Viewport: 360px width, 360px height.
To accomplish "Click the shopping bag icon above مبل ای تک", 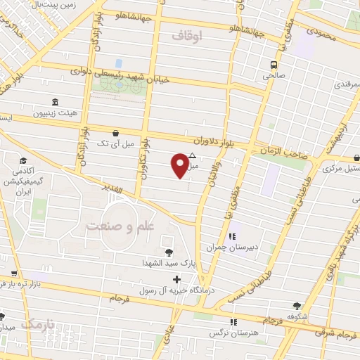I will click(x=115, y=132).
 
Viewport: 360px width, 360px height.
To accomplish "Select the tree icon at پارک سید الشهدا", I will click(x=168, y=252).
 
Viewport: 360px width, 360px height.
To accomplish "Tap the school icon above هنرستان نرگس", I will click(x=234, y=321).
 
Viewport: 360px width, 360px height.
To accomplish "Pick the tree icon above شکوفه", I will click(x=298, y=306).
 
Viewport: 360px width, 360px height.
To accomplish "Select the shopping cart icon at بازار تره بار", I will click(x=13, y=274).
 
